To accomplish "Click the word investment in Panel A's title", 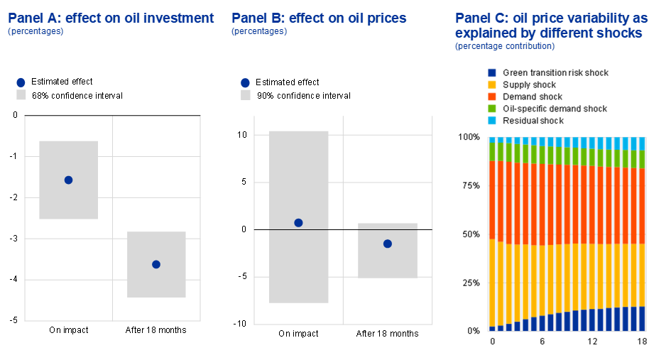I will pos(178,18).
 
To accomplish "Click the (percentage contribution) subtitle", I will pos(505,46).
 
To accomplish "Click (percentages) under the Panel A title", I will pos(36,31).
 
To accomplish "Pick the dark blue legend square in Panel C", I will pos(492,72).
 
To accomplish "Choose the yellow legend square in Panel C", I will pos(492,84).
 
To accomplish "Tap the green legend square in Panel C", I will pos(492,109).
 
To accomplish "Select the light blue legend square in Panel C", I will pos(492,121).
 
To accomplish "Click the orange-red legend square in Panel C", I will pos(492,97).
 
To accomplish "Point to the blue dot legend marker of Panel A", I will pos(21,82).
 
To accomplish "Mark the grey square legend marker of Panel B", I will pos(246,94).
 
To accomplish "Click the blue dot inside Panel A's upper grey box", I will pos(68,180).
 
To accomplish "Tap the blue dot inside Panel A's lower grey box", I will pos(156,264).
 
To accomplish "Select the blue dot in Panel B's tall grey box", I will pos(298,222).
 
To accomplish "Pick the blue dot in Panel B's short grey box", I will pos(387,244).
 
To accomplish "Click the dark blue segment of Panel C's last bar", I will pos(642,319).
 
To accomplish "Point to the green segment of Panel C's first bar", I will pos(492,151).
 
